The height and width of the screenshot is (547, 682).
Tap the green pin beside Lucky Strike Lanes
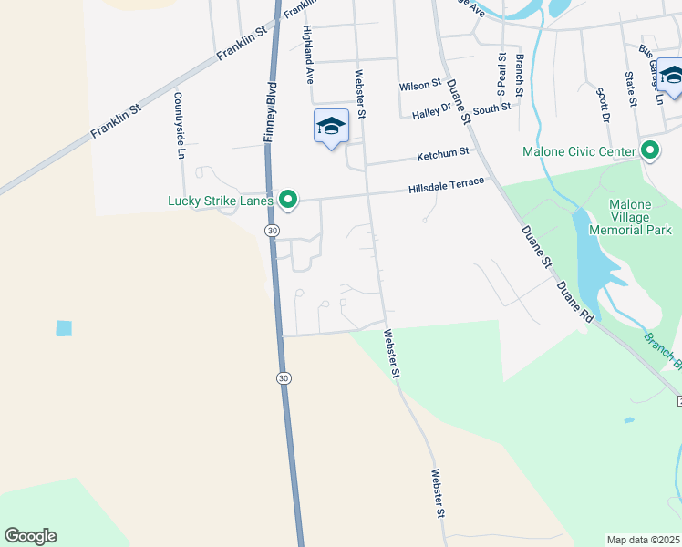click(288, 199)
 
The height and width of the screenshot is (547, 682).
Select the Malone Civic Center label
click(578, 151)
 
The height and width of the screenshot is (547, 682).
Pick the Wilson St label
click(420, 86)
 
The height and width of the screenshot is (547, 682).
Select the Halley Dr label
click(432, 113)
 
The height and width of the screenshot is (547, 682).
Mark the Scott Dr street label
click(602, 105)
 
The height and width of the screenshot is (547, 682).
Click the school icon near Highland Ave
click(331, 127)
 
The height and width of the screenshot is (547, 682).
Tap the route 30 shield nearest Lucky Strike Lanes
click(272, 231)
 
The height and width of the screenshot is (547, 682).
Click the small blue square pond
click(63, 328)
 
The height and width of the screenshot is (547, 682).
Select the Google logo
click(30, 536)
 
